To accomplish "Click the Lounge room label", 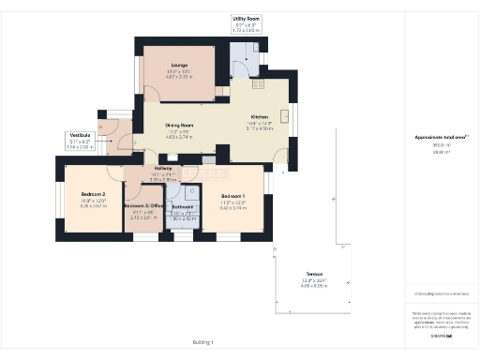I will click(x=179, y=65).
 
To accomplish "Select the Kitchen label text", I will click(x=260, y=116).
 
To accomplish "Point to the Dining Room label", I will click(x=179, y=125).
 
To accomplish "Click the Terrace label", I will click(x=311, y=274).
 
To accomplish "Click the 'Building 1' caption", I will click(x=203, y=342).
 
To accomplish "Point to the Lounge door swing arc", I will click(x=150, y=91).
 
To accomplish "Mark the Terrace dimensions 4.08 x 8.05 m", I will click(x=311, y=285).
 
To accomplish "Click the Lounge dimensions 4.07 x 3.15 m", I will click(x=179, y=77).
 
